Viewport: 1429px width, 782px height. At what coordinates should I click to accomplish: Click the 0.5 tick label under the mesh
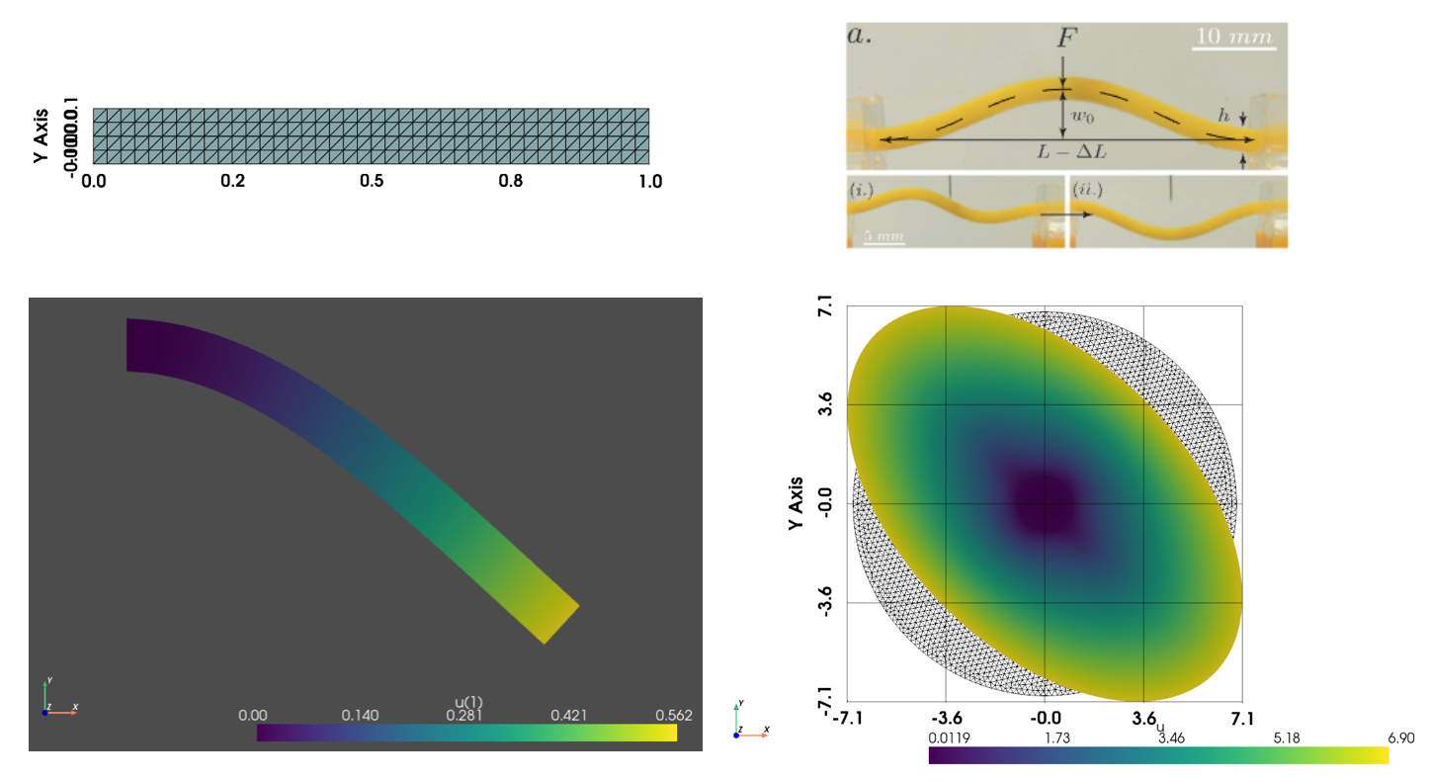[x=372, y=182]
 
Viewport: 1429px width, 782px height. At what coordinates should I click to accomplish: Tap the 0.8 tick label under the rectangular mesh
[x=510, y=182]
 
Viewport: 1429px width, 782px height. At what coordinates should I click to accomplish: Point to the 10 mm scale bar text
[x=1234, y=36]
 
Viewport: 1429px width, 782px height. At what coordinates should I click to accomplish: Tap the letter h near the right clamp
[x=1223, y=116]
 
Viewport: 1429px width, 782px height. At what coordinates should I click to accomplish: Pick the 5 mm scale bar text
[x=884, y=236]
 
